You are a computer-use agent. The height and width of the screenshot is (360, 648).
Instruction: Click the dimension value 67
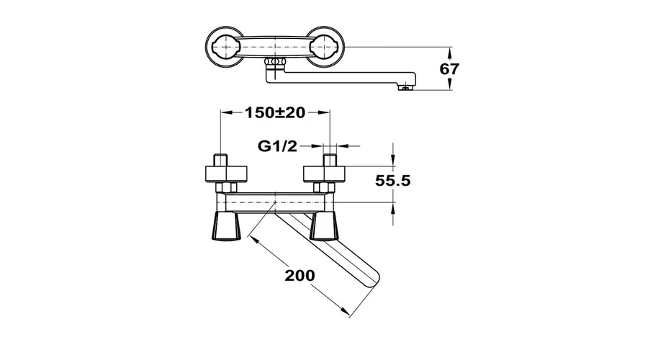[449, 68]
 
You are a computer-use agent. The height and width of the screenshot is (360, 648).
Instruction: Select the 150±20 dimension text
[275, 112]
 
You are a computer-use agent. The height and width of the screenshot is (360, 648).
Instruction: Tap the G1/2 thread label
[277, 146]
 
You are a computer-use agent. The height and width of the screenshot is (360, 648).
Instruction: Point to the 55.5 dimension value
[392, 181]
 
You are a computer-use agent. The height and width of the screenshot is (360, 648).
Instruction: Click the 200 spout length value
[300, 275]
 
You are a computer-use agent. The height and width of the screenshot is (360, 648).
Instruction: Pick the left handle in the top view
[225, 47]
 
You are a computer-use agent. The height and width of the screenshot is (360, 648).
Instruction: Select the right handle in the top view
[325, 47]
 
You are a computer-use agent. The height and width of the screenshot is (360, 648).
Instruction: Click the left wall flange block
[226, 174]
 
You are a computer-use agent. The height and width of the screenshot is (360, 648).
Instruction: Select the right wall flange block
[325, 174]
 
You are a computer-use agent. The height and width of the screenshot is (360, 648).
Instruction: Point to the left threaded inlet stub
[221, 161]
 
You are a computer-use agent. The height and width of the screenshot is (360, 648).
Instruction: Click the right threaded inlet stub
[330, 161]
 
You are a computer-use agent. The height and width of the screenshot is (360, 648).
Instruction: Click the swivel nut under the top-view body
[275, 63]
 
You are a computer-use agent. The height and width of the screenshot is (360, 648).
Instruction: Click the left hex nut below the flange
[226, 188]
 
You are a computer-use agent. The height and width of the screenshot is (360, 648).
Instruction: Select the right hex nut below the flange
[324, 188]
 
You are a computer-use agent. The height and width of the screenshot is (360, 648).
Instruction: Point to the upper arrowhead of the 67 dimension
[449, 52]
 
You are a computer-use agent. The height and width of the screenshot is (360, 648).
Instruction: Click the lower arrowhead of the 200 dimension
[345, 312]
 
